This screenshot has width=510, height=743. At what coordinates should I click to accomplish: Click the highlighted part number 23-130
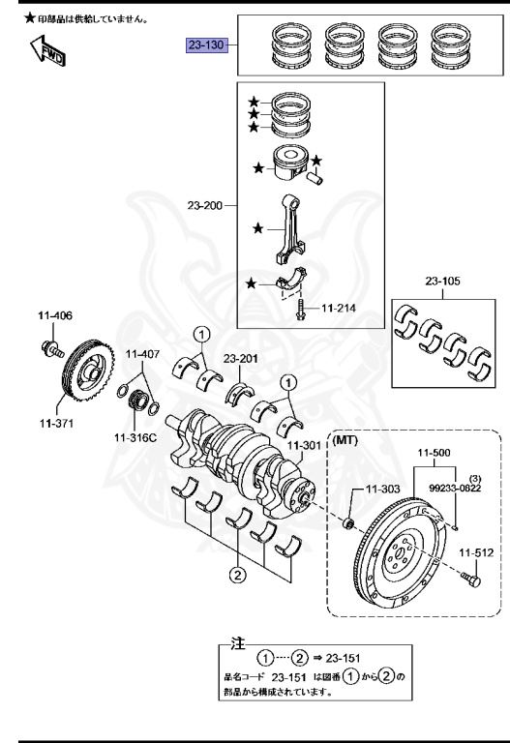pos(206,45)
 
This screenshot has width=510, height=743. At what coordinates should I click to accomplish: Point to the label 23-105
pos(444,282)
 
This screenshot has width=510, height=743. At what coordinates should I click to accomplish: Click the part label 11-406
pos(56,315)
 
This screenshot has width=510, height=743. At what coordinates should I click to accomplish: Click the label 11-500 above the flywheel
pos(435,451)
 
